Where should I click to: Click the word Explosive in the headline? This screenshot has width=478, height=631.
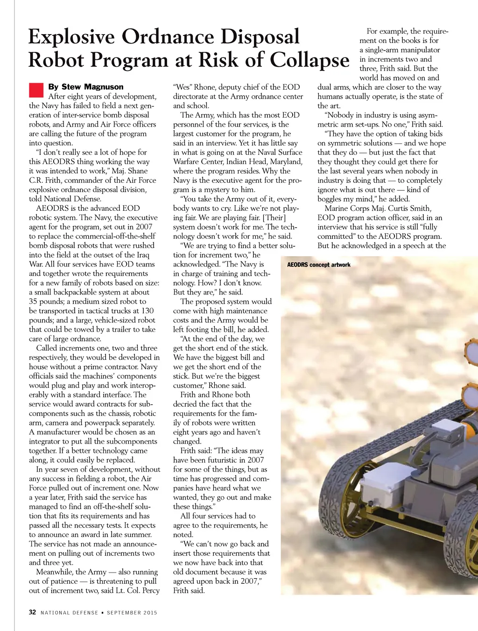tap(71, 37)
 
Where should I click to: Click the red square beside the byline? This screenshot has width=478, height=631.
tap(36, 89)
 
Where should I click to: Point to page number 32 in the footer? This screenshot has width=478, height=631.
tap(32, 612)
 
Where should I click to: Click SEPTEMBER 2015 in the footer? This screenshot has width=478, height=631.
tap(132, 613)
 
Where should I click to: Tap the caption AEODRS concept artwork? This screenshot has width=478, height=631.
tap(318, 265)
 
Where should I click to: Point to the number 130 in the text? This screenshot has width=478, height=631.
tap(147, 311)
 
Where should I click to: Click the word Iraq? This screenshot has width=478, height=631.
tap(141, 255)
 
